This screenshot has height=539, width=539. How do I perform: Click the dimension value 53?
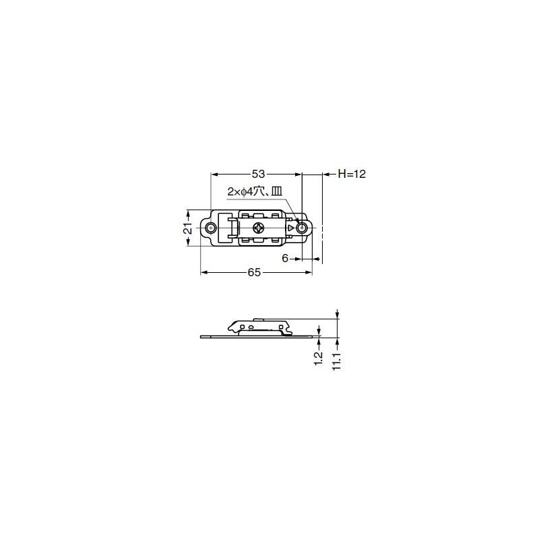(x=258, y=175)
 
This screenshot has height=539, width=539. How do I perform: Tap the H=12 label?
(x=352, y=174)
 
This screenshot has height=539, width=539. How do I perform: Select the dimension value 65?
(x=254, y=273)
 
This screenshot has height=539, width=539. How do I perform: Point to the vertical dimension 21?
(x=189, y=228)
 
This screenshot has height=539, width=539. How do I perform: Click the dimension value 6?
(x=285, y=258)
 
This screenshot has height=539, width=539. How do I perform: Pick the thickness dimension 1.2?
(x=319, y=358)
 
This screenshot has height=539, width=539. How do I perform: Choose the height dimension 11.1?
(x=337, y=361)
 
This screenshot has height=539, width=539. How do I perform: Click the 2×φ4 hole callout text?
(x=255, y=191)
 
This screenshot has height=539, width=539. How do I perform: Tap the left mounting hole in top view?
(x=210, y=228)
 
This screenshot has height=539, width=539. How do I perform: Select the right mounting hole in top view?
(x=302, y=228)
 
